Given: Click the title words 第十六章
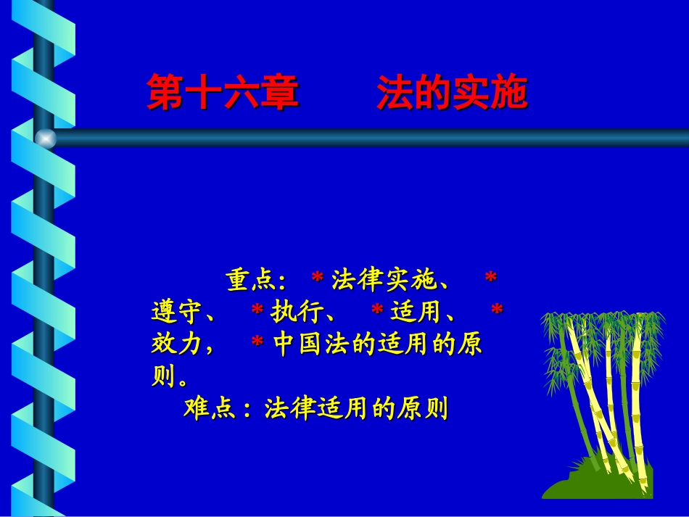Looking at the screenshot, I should point(223,94).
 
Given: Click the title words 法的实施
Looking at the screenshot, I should point(451,94).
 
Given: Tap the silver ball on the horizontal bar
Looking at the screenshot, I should point(46,138).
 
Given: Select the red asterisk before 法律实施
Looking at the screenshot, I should point(317,278).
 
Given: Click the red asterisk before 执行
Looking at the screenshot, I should point(257,311).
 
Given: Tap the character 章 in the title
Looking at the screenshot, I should point(279,94).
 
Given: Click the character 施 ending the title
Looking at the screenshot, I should point(508,94).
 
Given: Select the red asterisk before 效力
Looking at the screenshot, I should point(497,311).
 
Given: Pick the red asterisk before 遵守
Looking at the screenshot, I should point(490,278).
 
